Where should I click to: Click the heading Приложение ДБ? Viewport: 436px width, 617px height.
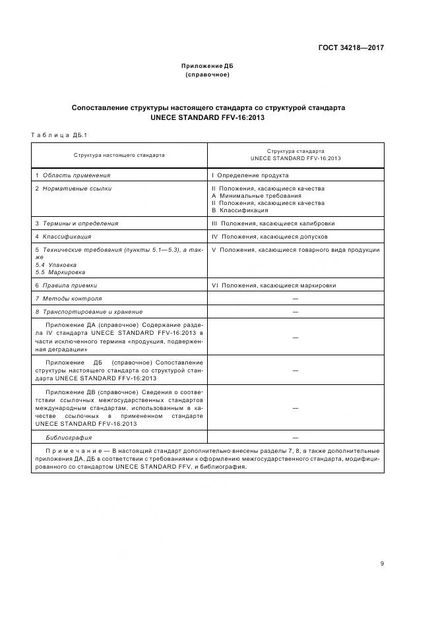pyautogui.click(x=208, y=66)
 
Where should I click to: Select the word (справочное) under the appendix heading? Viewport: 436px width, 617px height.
pyautogui.click(x=208, y=74)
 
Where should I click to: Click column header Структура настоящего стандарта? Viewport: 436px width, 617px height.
pyautogui.click(x=119, y=155)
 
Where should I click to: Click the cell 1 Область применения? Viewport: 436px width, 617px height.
pyautogui.click(x=73, y=175)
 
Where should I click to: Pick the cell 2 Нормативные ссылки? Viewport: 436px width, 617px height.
pyautogui.click(x=73, y=189)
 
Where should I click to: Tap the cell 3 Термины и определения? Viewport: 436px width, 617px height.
pyautogui.click(x=77, y=223)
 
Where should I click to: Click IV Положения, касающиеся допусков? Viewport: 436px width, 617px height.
pyautogui.click(x=269, y=237)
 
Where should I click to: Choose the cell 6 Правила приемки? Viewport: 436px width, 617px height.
pyautogui.click(x=66, y=285)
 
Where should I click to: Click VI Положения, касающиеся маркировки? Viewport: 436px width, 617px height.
pyautogui.click(x=273, y=285)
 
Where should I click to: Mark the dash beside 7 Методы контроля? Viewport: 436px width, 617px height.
pyautogui.click(x=295, y=299)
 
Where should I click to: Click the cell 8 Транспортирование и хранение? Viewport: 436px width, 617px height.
pyautogui.click(x=88, y=311)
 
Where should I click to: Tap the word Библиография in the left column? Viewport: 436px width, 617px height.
pyautogui.click(x=69, y=437)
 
